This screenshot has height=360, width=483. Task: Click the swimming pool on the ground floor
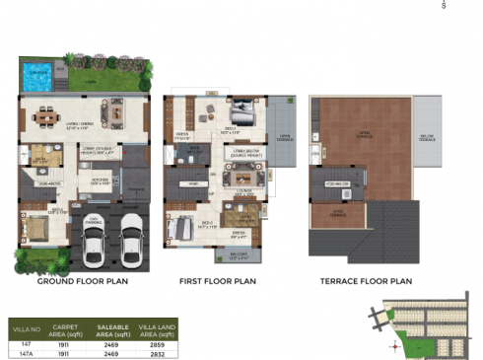[x=37, y=75]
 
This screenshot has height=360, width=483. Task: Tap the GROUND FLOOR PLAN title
[x=82, y=281]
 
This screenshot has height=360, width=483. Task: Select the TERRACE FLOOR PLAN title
[x=366, y=281]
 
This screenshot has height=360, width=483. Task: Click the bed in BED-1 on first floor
[x=243, y=113]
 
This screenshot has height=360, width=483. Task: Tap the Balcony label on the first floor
[x=240, y=256]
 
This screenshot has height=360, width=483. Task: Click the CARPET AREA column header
[x=65, y=328]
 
